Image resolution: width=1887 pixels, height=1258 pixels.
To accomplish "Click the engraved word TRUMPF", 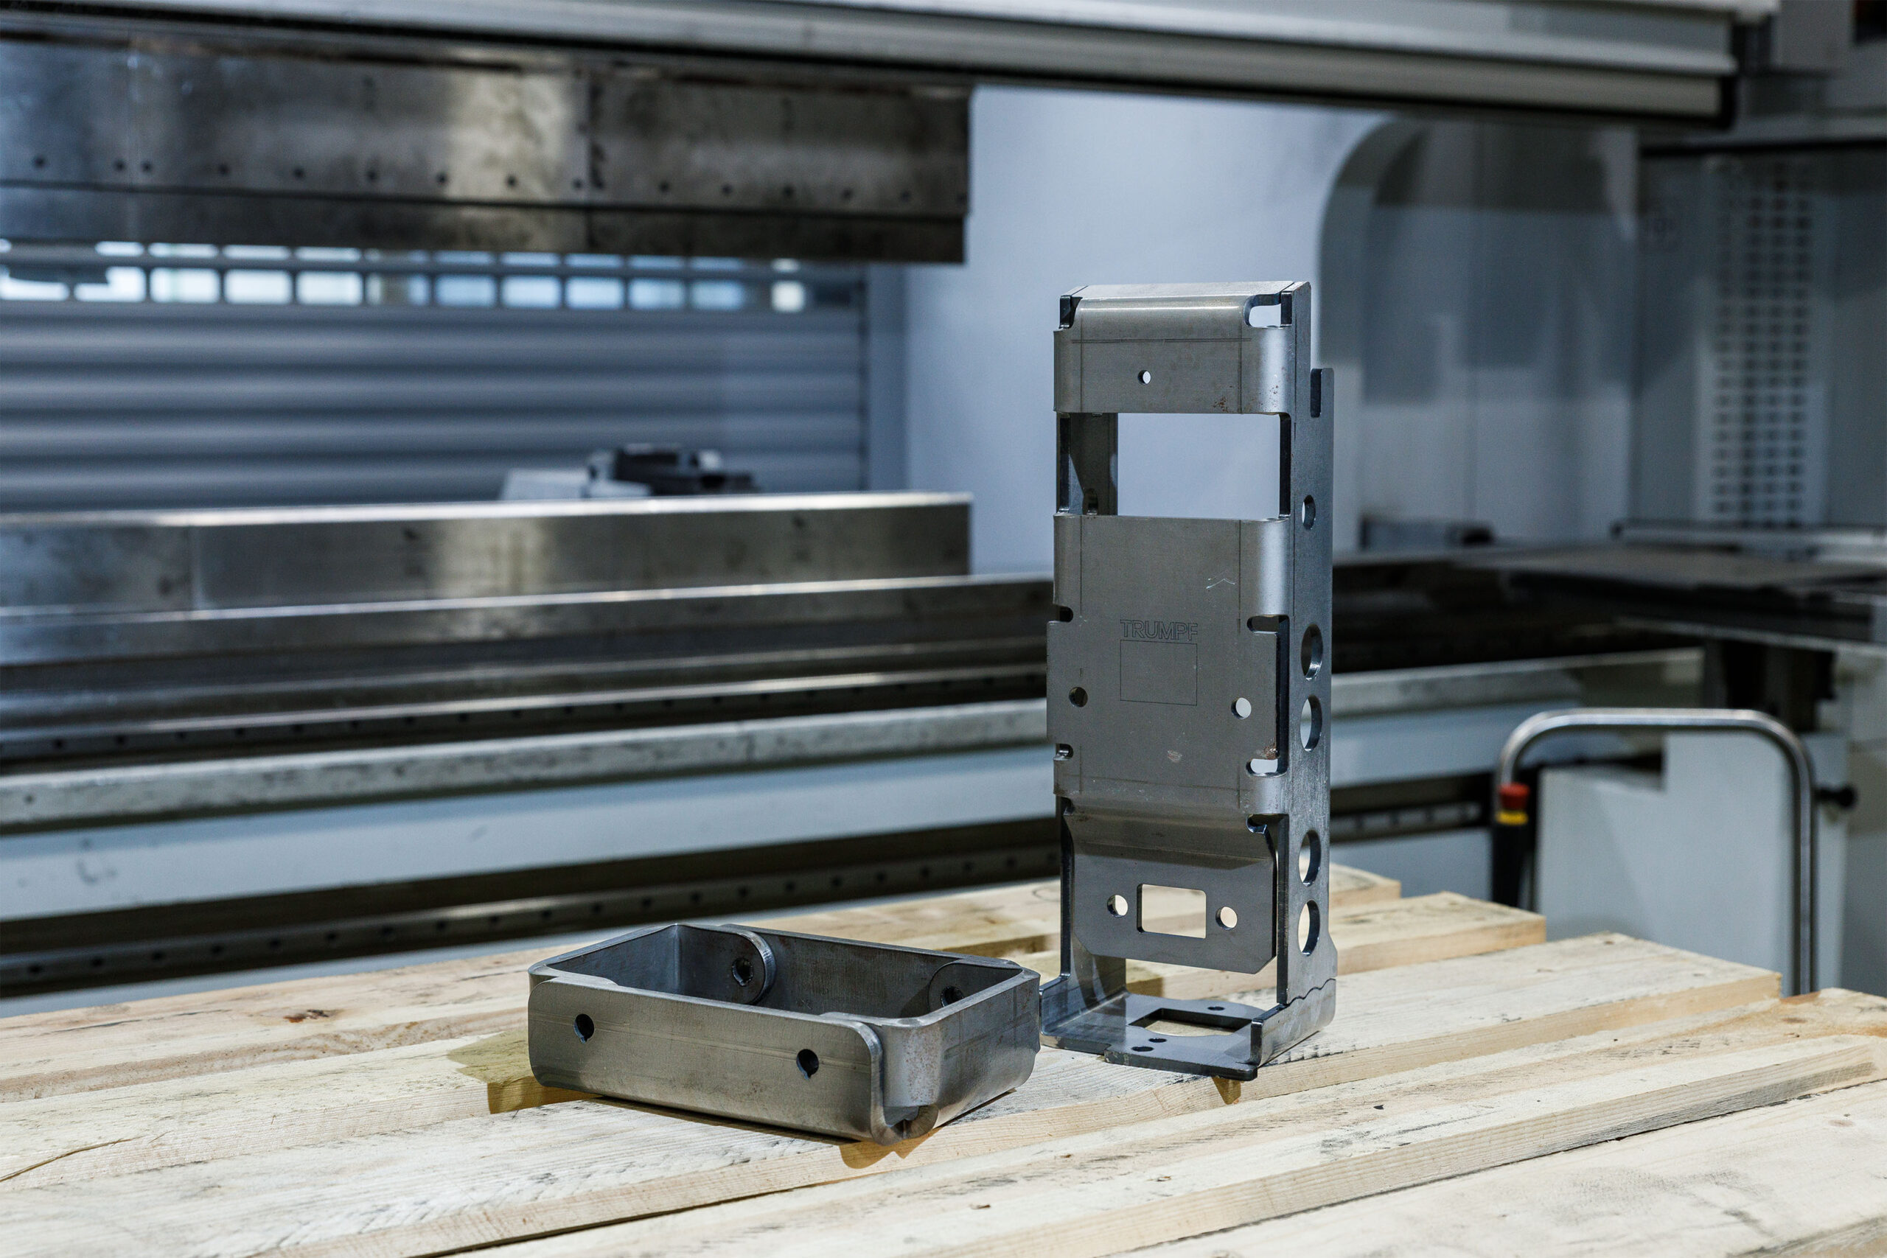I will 1158,630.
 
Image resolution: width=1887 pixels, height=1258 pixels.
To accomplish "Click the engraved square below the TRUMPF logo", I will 1158,673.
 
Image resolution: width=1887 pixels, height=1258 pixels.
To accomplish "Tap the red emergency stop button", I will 1514,794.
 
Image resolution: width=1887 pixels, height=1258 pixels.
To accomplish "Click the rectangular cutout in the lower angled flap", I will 1172,911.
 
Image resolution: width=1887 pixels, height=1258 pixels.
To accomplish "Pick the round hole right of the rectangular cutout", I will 1227,917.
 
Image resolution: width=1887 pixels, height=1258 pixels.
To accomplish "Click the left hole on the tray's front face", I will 584,1027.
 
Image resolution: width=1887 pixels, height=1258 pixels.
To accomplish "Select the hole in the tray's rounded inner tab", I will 742,971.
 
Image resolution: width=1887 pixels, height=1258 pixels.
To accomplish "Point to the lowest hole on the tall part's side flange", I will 1308,926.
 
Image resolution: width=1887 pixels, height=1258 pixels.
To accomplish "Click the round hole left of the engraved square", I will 1078,696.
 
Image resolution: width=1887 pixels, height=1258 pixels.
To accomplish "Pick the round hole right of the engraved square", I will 1242,707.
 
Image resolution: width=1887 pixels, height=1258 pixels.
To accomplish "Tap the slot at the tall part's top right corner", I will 1269,310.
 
